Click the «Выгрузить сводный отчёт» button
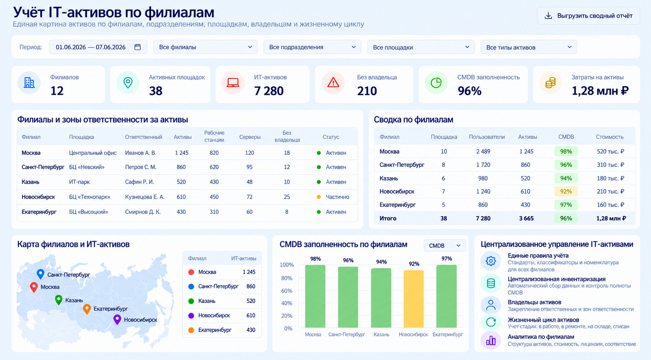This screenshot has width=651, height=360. pyautogui.click(x=588, y=16)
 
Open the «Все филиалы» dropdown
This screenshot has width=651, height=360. pyautogui.click(x=205, y=47)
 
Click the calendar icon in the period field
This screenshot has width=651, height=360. pyautogui.click(x=137, y=47)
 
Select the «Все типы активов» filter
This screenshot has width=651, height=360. pyautogui.click(x=529, y=47)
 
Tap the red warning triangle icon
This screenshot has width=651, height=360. pyautogui.click(x=333, y=83)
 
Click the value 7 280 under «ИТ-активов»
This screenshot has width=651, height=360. pyautogui.click(x=268, y=91)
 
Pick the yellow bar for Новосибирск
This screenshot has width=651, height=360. pyautogui.click(x=414, y=299)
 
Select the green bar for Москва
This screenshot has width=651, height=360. pyautogui.click(x=315, y=296)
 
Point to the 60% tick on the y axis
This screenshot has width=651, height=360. pyautogui.click(x=287, y=291)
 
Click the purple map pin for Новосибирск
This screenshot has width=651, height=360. pyautogui.click(x=117, y=319)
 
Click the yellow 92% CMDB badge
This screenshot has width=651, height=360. pyautogui.click(x=566, y=191)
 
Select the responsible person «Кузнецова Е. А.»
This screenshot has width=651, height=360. pyautogui.click(x=145, y=197)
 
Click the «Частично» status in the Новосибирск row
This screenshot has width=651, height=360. pyautogui.click(x=337, y=197)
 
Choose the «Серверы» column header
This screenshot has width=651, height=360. pyautogui.click(x=250, y=137)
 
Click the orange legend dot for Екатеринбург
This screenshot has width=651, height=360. pyautogui.click(x=191, y=330)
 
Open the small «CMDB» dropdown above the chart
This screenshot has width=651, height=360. pyautogui.click(x=445, y=246)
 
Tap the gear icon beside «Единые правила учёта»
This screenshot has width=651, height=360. pyautogui.click(x=491, y=261)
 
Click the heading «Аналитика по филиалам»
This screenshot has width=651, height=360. pyautogui.click(x=541, y=337)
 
